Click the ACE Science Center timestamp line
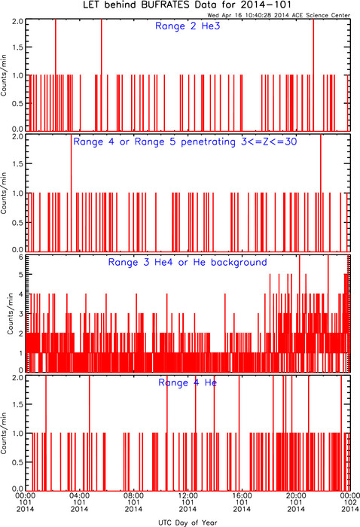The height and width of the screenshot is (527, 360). (x=279, y=15)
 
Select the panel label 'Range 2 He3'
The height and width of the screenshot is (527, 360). (x=188, y=26)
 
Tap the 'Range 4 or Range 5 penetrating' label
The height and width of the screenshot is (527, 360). (x=154, y=142)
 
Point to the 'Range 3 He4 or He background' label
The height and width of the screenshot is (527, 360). (x=188, y=262)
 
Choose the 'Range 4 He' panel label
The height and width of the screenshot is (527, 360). (x=188, y=382)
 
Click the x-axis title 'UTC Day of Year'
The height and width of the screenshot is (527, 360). (x=188, y=522)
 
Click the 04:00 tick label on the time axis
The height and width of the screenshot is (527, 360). (x=79, y=495)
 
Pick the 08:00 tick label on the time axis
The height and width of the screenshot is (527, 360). (x=133, y=495)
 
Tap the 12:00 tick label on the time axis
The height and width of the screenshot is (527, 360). (x=188, y=495)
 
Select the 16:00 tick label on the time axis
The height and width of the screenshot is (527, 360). (x=242, y=495)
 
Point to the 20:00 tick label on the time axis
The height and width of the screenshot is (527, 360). (x=296, y=495)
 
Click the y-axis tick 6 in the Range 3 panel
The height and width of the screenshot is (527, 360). (x=21, y=257)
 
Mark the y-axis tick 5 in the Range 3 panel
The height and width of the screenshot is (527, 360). (x=21, y=275)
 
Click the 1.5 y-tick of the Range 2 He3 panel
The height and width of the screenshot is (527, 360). (x=18, y=47)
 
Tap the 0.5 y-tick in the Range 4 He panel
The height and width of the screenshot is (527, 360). (x=18, y=462)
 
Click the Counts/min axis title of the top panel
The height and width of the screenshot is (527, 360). (x=4, y=75)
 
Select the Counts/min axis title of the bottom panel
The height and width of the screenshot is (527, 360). (x=4, y=433)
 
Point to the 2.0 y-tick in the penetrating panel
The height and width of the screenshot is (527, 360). (x=18, y=137)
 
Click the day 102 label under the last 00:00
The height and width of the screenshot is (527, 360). (x=350, y=502)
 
